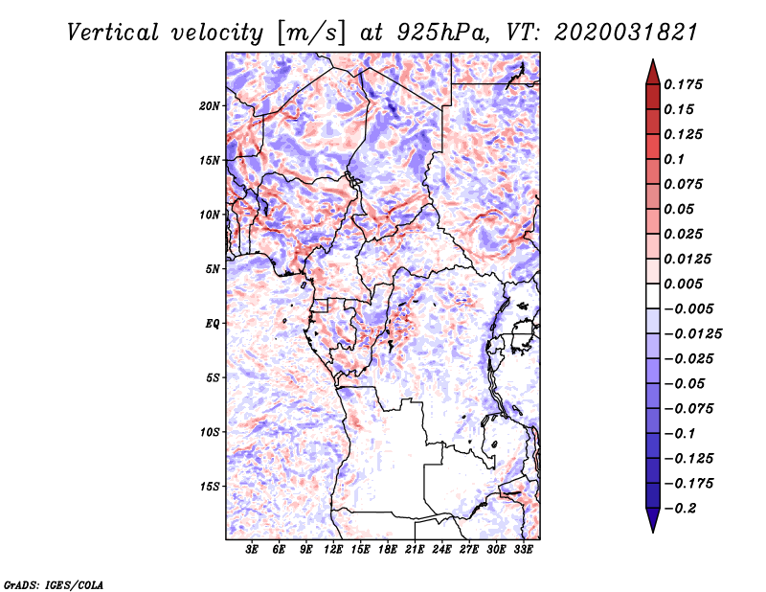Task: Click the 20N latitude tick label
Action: (211, 105)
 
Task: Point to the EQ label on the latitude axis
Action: (214, 324)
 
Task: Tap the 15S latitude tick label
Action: (211, 487)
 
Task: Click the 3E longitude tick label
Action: (253, 550)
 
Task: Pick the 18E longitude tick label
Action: (388, 550)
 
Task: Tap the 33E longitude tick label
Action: (523, 550)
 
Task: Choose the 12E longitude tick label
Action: (334, 550)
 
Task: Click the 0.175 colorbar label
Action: (685, 84)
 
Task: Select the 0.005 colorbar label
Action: (685, 284)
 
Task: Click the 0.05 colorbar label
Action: (681, 209)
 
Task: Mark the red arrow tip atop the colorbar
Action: (651, 65)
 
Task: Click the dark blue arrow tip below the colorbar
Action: (651, 526)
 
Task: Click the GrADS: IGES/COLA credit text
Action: (53, 583)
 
